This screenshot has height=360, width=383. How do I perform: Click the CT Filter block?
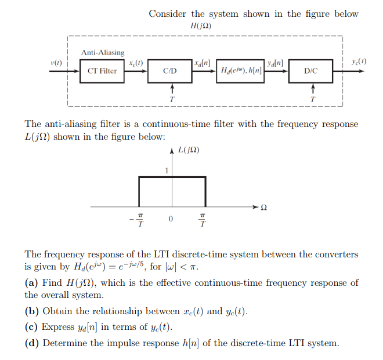tap(102, 71)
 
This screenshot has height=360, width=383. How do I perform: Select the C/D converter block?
tap(170, 71)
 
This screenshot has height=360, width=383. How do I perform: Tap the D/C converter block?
tap(311, 71)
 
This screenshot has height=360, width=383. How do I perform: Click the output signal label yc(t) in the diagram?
tap(359, 61)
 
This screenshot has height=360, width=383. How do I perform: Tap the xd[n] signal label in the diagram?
tap(203, 62)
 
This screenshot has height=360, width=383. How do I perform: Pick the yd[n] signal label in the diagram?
tap(274, 62)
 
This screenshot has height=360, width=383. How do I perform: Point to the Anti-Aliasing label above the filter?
tap(103, 53)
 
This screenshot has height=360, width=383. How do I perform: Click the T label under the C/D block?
tap(171, 99)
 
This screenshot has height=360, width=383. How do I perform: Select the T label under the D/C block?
tap(313, 99)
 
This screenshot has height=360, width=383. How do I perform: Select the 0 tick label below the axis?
tap(171, 219)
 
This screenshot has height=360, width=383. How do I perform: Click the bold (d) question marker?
tap(32, 343)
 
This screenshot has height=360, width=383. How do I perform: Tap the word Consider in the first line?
tap(168, 13)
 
